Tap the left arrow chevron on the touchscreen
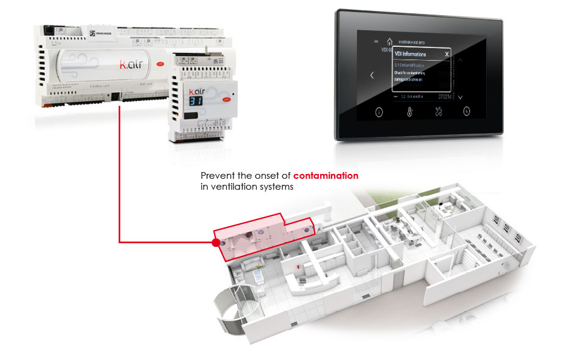coord(372,75)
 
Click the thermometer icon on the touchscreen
coord(409,112)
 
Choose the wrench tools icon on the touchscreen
coord(438,112)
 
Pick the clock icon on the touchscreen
coord(467,111)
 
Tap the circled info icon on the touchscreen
coord(379,112)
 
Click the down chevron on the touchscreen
coord(461,97)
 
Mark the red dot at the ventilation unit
coord(215,242)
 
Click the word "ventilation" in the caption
coord(234,187)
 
